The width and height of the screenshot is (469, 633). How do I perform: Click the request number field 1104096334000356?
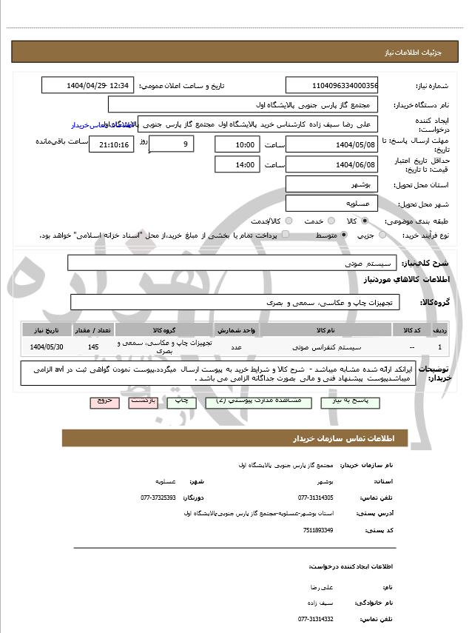pyautogui.click(x=331, y=85)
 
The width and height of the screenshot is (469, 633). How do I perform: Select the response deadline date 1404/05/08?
pyautogui.click(x=331, y=144)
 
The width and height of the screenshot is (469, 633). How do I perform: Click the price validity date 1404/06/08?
pyautogui.click(x=331, y=164)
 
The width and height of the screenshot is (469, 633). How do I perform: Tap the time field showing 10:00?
pyautogui.click(x=237, y=144)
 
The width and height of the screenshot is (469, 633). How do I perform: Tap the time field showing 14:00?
pyautogui.click(x=237, y=164)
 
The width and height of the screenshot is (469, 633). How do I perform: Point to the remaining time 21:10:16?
pyautogui.click(x=112, y=144)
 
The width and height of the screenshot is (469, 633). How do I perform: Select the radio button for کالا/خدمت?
pyautogui.click(x=289, y=221)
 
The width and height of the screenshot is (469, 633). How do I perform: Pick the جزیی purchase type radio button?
pyautogui.click(x=382, y=235)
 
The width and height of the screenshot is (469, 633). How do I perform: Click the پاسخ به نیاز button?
pyautogui.click(x=354, y=401)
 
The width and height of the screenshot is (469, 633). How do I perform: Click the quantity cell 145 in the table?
pyautogui.click(x=92, y=346)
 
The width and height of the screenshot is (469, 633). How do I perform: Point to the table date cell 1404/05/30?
pyautogui.click(x=47, y=346)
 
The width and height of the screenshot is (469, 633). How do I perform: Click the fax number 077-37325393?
pyautogui.click(x=158, y=498)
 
